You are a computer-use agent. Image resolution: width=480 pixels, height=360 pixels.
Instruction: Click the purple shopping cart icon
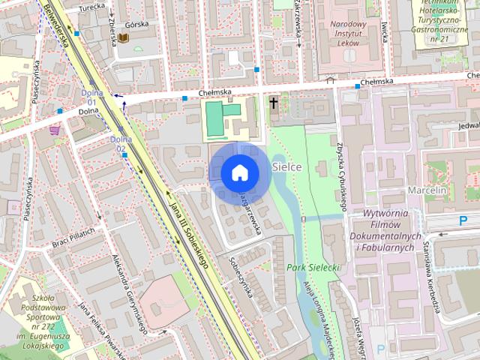pos(55,130)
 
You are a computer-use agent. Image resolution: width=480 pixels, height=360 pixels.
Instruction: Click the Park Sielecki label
pos(313,267)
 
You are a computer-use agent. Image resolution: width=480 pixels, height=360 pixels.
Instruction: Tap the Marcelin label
pos(427,190)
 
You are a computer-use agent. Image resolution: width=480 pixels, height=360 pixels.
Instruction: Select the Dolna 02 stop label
pos(121,143)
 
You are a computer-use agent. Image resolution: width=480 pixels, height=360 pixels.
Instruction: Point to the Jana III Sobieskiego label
pos(188,232)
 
